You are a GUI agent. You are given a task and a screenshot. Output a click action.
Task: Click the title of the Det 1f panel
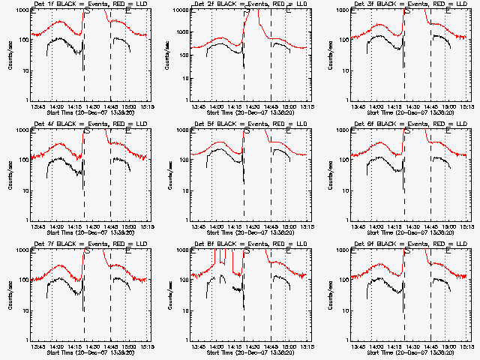pyautogui.click(x=89, y=4)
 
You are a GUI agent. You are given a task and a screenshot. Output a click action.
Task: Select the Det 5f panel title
pyautogui.click(x=250, y=124)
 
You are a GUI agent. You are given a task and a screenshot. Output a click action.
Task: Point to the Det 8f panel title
pyautogui.click(x=250, y=244)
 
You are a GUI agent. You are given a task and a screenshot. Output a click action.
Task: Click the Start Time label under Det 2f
pyautogui.click(x=250, y=112)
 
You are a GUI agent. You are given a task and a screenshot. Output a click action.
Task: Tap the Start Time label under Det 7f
pyautogui.click(x=90, y=352)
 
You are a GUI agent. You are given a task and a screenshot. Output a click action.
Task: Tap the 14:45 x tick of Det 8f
pyautogui.click(x=271, y=346)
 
